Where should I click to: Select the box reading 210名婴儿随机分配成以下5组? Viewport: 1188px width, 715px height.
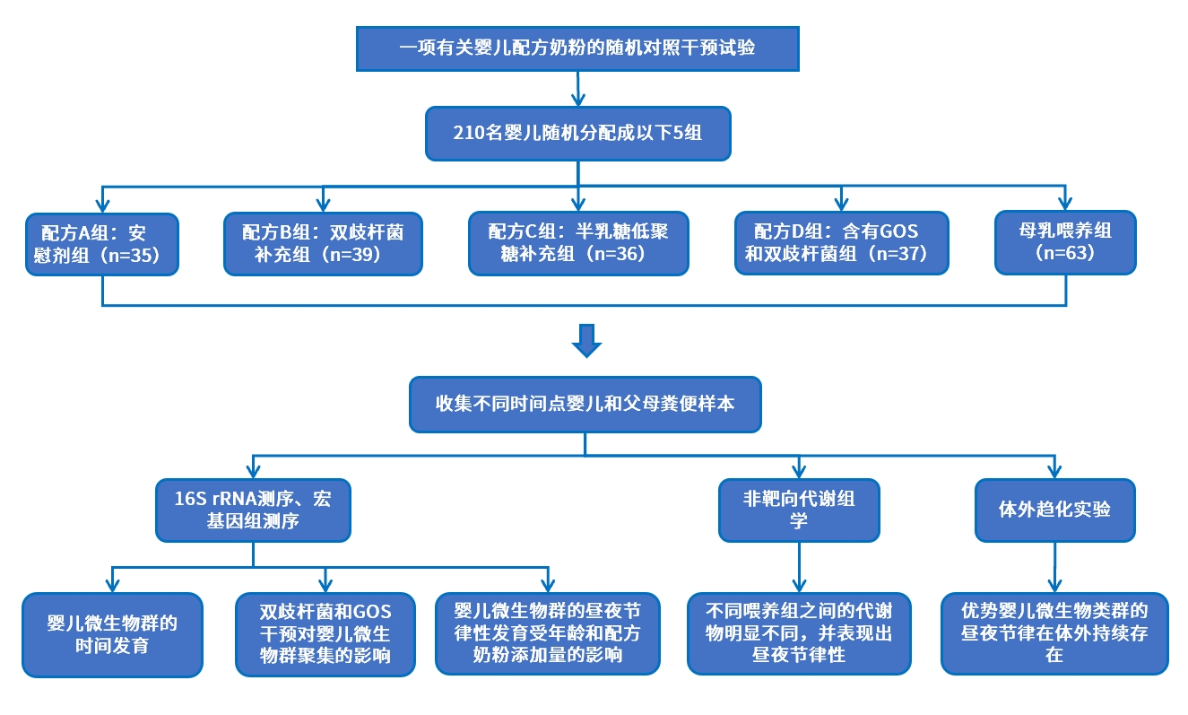pos(577,134)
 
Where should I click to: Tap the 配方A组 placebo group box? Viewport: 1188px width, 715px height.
pos(101,243)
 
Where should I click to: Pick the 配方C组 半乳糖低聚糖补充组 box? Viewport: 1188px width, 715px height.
pos(578,243)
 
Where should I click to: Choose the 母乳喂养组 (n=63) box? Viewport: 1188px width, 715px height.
pos(1065,241)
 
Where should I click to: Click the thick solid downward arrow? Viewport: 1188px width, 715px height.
pos(586,341)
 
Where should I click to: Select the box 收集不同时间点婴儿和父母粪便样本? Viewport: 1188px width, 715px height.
pos(585,404)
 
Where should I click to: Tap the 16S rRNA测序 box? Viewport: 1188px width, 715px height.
pos(253,510)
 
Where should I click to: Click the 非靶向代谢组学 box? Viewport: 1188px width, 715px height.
pos(798,510)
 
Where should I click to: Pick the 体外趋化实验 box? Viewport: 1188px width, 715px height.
pos(1054,510)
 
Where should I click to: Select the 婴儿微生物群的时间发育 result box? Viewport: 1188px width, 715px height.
pos(112,633)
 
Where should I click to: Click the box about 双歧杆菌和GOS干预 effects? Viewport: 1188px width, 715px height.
pos(325,633)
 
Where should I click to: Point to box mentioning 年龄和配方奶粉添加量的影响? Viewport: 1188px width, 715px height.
pos(547,633)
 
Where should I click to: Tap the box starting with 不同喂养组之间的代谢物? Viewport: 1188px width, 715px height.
pos(798,633)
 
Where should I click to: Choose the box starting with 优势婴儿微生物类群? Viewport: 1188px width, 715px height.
pos(1054,633)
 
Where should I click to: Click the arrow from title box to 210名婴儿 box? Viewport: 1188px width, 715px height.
pos(578,89)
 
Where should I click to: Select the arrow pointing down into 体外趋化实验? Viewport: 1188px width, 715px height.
pos(1054,466)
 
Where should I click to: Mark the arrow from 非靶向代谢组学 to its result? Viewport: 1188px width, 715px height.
pos(798,567)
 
